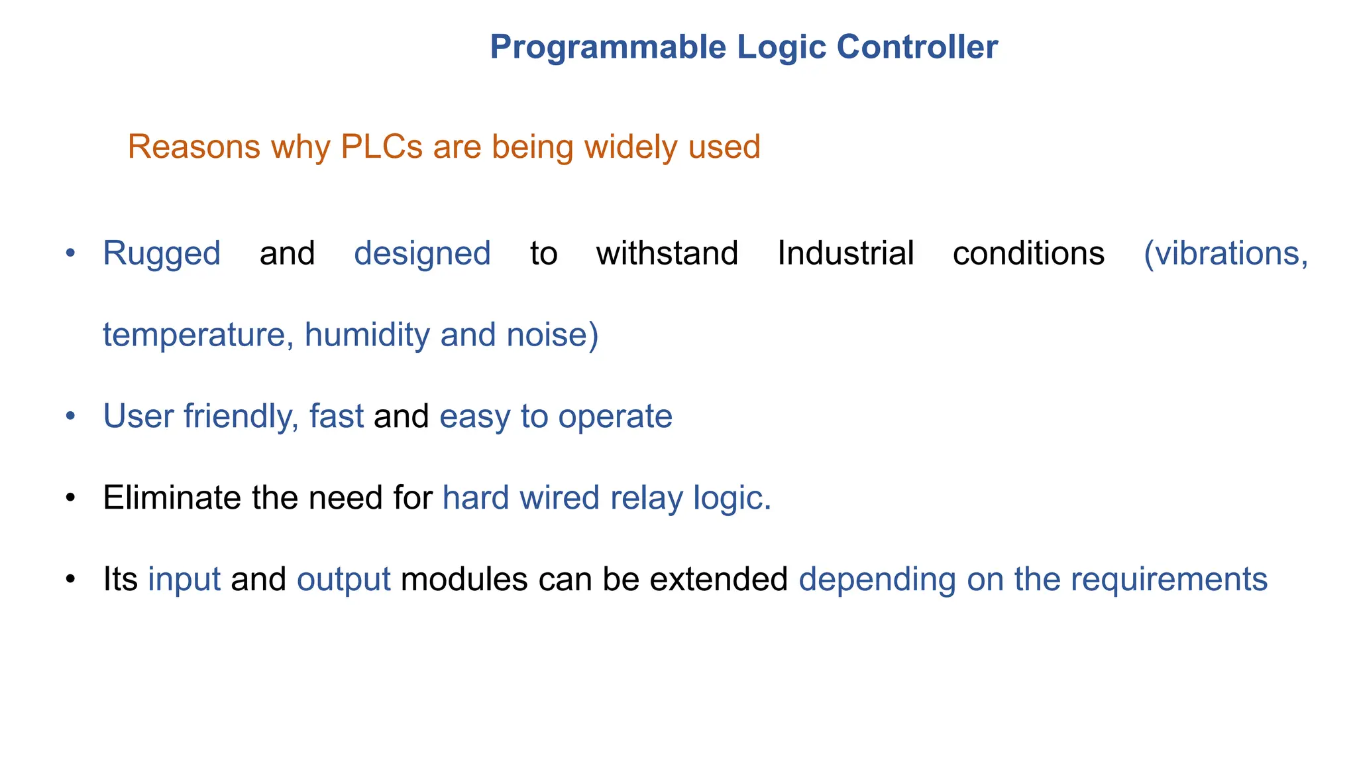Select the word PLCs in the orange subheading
pos(381,147)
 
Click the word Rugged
pos(162,254)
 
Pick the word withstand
pos(667,253)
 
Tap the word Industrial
pos(845,253)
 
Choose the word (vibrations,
pos(1226,254)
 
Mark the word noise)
pos(553,335)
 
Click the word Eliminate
pos(172,497)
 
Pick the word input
pos(184,580)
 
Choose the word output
pos(344,580)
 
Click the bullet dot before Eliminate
pos(71,498)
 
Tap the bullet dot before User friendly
pos(71,416)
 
